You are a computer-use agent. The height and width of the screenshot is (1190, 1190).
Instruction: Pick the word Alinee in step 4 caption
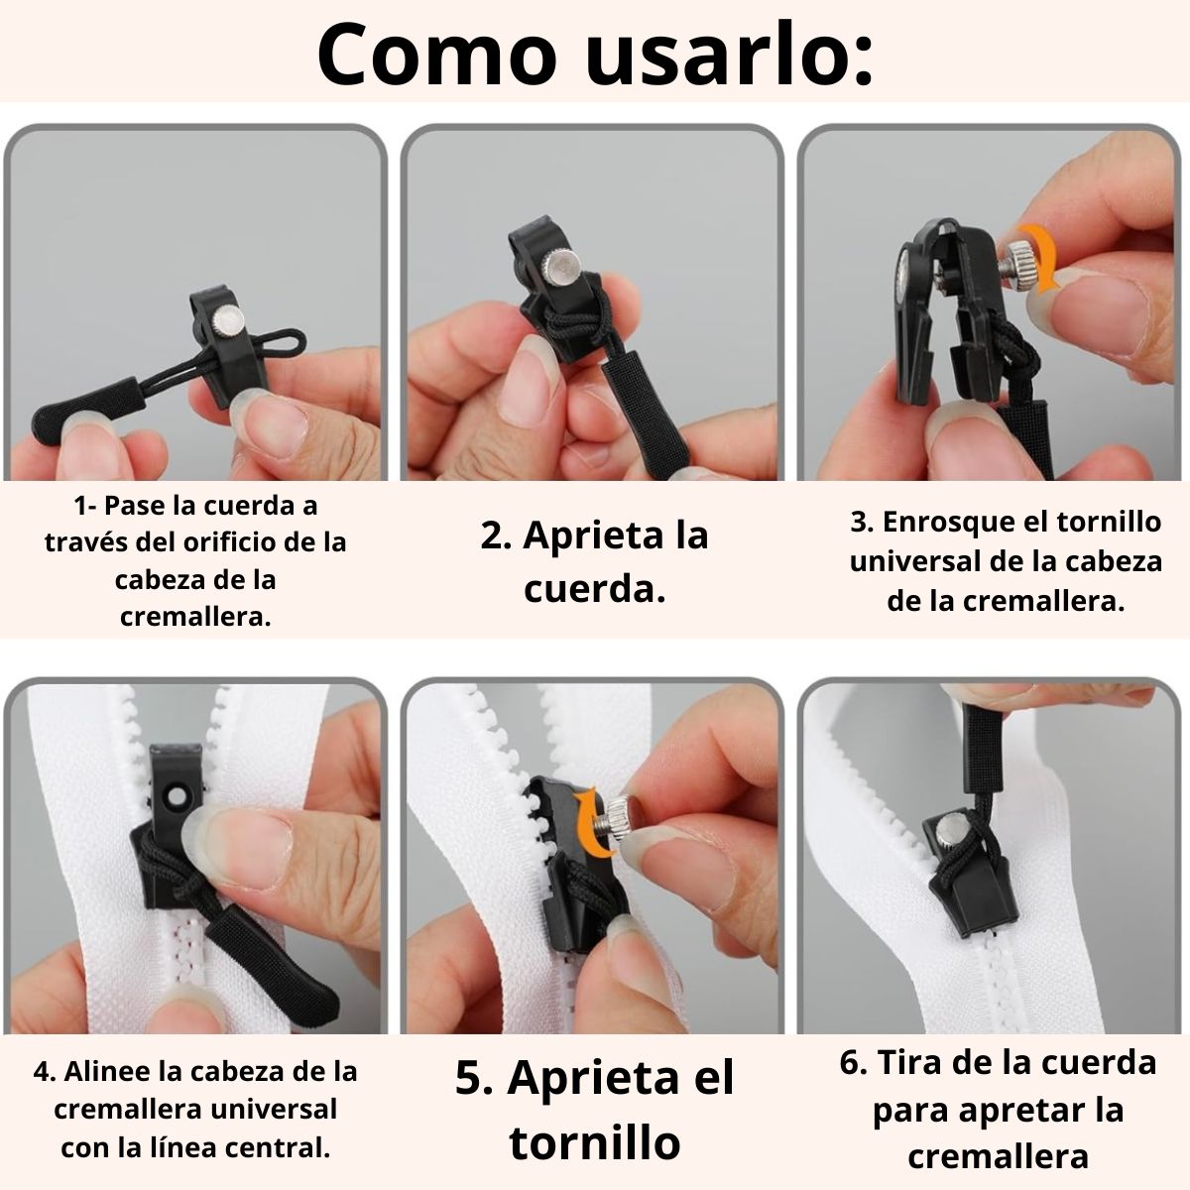(x=102, y=1072)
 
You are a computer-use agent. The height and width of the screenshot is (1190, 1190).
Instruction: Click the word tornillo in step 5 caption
(x=595, y=1142)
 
